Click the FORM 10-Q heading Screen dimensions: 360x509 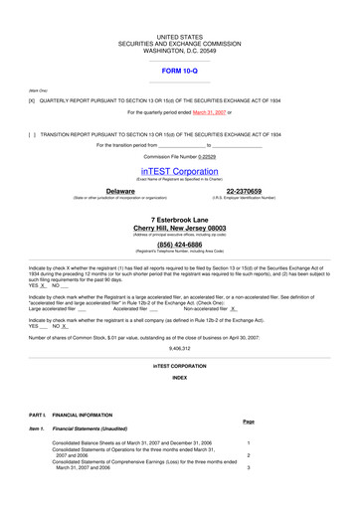[x=180, y=72]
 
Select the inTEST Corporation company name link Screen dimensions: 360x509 [x=180, y=171]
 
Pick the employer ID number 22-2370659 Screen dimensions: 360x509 [x=244, y=190]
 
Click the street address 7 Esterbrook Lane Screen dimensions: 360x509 [x=180, y=219]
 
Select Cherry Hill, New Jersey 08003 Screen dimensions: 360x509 [x=180, y=228]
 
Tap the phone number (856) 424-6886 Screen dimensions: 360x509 [x=180, y=244]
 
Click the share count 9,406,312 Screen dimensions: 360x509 [x=180, y=349]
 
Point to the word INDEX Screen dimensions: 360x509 [x=180, y=378]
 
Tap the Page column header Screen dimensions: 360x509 [x=249, y=422]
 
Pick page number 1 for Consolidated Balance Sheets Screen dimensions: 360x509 [x=249, y=442]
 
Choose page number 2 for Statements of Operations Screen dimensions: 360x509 [x=249, y=455]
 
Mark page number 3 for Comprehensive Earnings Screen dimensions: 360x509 [x=249, y=467]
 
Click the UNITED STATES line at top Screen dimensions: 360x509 [x=180, y=35]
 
